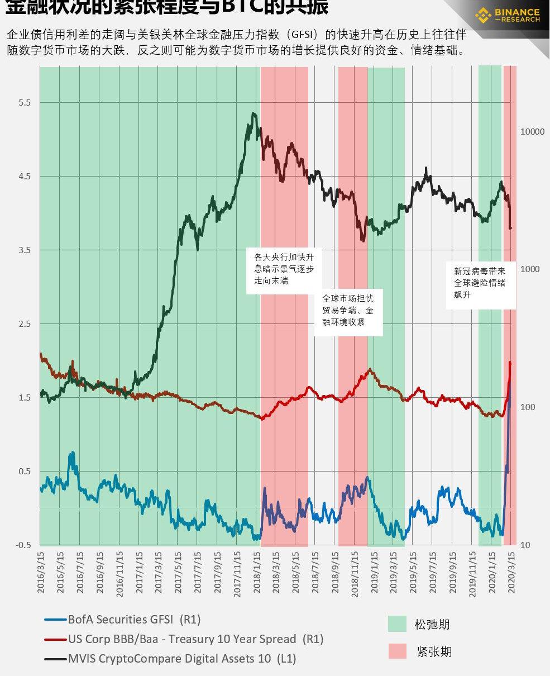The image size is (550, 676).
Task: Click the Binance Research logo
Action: pyautogui.click(x=507, y=15)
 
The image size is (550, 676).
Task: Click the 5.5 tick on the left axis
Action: pyautogui.click(x=24, y=103)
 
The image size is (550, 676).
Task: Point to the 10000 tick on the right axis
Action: pyautogui.click(x=532, y=132)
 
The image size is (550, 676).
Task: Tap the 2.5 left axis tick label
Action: pyautogui.click(x=24, y=324)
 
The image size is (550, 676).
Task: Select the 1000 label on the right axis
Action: pyautogui.click(x=530, y=269)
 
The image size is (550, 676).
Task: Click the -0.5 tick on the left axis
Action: pyautogui.click(x=23, y=545)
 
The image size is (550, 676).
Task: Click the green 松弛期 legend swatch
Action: pyautogui.click(x=397, y=624)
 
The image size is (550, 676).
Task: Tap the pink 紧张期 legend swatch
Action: pyautogui.click(x=397, y=651)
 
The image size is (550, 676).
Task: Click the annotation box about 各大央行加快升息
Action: pyautogui.click(x=284, y=269)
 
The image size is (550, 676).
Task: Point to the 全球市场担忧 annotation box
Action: pyautogui.click(x=348, y=311)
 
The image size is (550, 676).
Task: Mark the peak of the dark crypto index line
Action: pyautogui.click(x=254, y=114)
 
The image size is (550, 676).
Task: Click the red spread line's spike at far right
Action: pyautogui.click(x=510, y=363)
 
